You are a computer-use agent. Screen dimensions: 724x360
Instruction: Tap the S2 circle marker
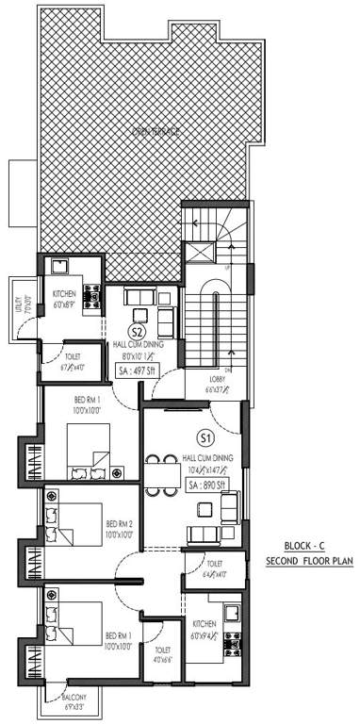[138, 331]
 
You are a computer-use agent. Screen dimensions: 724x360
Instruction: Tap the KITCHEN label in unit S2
[64, 295]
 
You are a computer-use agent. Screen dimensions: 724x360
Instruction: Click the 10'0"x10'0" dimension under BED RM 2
[121, 535]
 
